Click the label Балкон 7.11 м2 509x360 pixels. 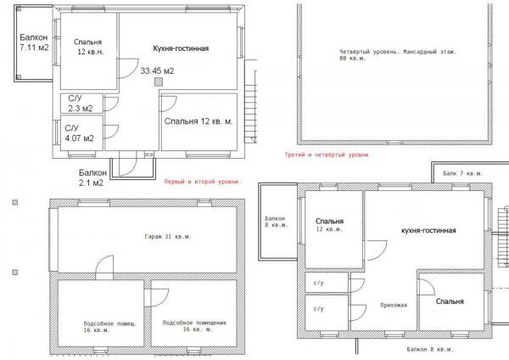pos(34,42)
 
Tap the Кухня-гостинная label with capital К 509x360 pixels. pos(181,48)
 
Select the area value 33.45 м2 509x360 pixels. pos(157,70)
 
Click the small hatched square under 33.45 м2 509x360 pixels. pos(159,82)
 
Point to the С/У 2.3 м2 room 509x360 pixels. pos(81,104)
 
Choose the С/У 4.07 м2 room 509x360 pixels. pos(81,133)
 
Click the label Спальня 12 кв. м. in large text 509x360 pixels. pos(199,121)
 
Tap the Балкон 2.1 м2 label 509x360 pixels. pos(92,177)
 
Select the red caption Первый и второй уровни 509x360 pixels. pos(203,182)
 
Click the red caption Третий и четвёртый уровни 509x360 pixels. pos(327,155)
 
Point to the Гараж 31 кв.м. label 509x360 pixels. pos(168,237)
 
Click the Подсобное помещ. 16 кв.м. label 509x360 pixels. pos(110,327)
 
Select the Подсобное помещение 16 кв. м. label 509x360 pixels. pos(194,326)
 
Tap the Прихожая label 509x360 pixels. pos(394,305)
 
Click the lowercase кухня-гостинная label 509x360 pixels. pos(428,230)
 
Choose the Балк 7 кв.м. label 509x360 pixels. pos(463,173)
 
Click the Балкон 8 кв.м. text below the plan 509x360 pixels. pos(430,349)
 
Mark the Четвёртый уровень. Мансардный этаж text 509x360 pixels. pos(398,51)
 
